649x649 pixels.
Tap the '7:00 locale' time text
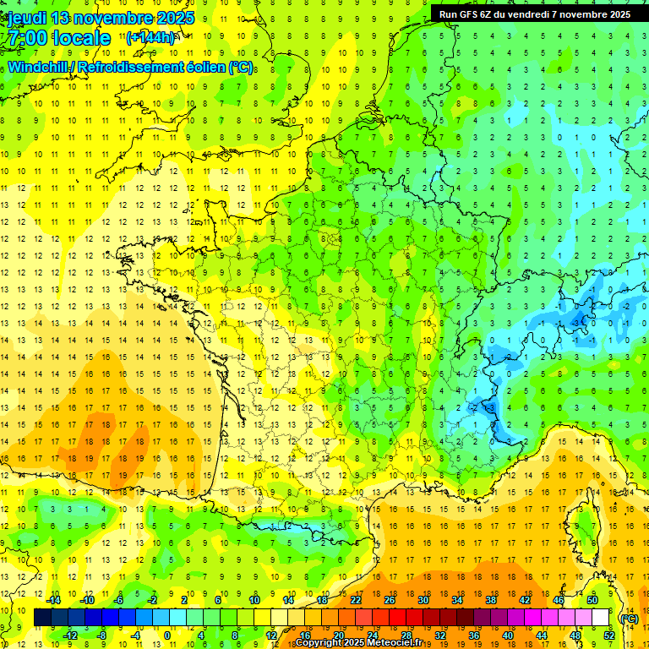pos(59,38)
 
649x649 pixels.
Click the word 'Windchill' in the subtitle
pos(41,67)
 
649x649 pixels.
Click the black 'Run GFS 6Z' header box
pos(534,14)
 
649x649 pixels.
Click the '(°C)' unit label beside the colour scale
pos(628,618)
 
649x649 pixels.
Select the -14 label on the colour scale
pos(54,600)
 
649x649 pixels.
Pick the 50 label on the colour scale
pos(592,600)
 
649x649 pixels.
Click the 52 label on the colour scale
pos(609,635)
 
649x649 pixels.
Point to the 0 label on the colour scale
pos(167,635)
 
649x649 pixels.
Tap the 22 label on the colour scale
pos(357,600)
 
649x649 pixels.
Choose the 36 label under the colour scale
pos(474,635)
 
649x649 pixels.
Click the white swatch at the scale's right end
pos(600,618)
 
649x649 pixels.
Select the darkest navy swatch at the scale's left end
pos(42,618)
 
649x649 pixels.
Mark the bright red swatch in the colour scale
pos(397,618)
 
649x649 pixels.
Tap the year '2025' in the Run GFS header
pos(615,14)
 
